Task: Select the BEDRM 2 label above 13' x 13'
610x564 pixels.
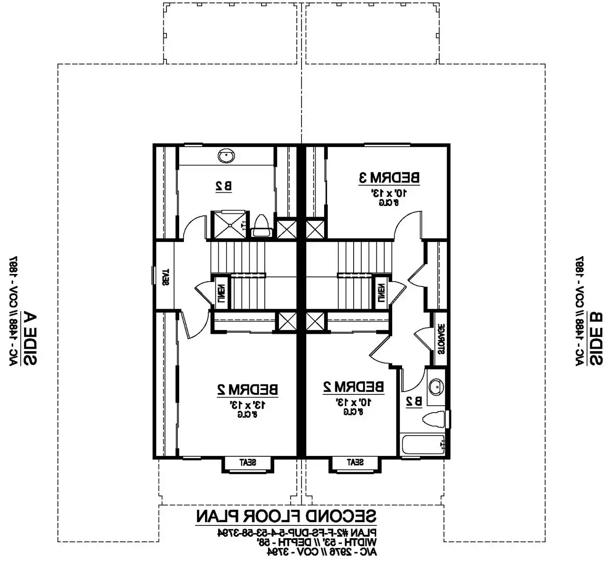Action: pos(247,389)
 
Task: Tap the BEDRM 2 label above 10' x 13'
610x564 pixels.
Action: pos(353,387)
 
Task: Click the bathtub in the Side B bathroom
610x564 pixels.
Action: pos(422,444)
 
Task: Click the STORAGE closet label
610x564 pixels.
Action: pos(441,339)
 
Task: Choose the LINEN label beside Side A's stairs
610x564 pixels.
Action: pos(221,292)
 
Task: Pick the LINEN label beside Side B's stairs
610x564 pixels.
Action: pos(381,292)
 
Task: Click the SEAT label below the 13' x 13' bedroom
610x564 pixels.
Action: pos(247,462)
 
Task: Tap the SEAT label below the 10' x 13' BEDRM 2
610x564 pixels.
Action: pos(355,462)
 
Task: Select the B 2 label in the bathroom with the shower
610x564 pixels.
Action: pos(223,186)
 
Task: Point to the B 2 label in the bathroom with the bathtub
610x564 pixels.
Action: pos(413,401)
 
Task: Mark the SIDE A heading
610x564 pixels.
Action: pos(30,337)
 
